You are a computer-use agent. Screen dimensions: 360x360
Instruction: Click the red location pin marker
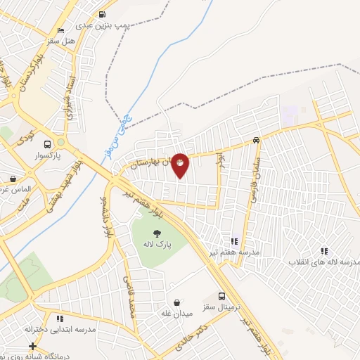tap(181, 165)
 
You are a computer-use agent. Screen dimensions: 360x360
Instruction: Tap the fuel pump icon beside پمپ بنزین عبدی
tap(103, 14)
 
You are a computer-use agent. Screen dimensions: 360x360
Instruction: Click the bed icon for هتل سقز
tap(60, 31)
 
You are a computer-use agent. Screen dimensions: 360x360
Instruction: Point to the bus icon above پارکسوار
tap(47, 140)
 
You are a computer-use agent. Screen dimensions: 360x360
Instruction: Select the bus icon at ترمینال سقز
tap(222, 296)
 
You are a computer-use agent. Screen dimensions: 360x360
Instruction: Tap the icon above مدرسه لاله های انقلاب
tap(324, 250)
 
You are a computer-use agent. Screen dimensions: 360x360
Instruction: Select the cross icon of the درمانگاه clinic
tap(32, 346)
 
